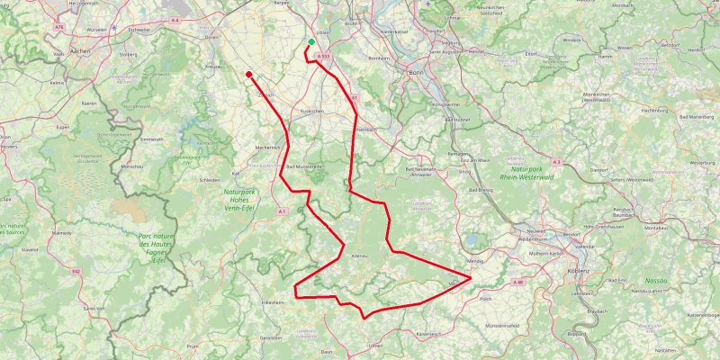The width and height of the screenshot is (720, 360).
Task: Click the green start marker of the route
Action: (311, 41)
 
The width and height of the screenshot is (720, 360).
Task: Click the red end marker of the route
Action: (249, 74)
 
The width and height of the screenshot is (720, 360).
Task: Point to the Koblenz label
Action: (578, 270)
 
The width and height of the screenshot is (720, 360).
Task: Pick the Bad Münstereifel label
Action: (304, 167)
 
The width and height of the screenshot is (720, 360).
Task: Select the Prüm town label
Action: (193, 345)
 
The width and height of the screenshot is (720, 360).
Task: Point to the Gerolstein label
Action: (271, 337)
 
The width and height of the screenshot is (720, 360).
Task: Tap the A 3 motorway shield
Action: (557, 162)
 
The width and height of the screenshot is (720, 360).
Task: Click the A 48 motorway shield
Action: (517, 282)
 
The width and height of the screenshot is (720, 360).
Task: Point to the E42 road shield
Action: (76, 270)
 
